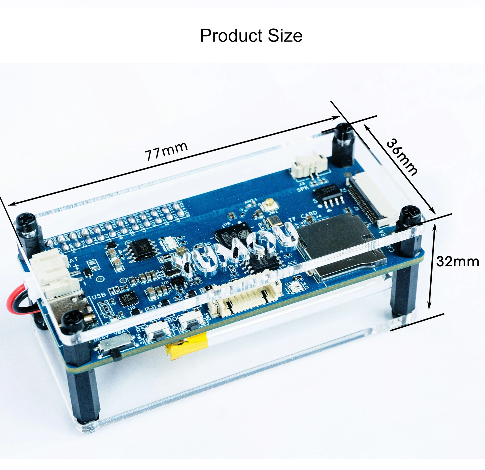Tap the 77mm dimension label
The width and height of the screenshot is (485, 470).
click(x=166, y=151)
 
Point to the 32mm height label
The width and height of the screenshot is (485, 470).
click(x=457, y=261)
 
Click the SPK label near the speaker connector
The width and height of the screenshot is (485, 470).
click(x=303, y=189)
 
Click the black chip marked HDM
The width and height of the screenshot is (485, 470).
click(x=126, y=298)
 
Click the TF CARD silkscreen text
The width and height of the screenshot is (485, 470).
click(x=303, y=217)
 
